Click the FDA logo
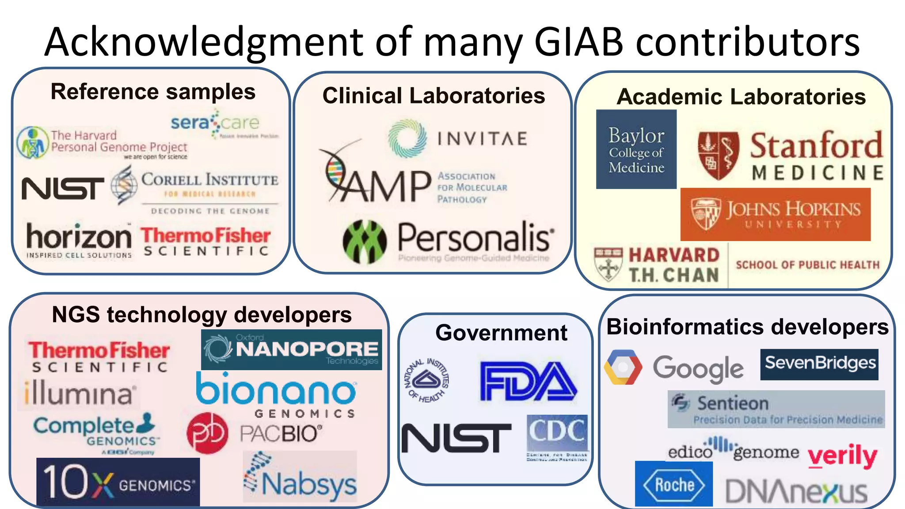(528, 381)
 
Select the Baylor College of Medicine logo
(636, 149)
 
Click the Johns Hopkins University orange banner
(775, 214)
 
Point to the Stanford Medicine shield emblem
(718, 156)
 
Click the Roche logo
(673, 484)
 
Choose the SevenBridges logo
(819, 364)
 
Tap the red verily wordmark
(842, 456)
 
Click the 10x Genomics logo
(118, 482)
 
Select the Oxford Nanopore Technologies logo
(291, 349)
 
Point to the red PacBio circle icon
(207, 433)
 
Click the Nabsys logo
(300, 477)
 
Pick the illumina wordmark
(79, 394)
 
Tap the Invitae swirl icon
(407, 138)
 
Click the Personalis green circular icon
(365, 242)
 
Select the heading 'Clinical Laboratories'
(433, 96)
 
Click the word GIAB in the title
(578, 42)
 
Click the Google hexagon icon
(623, 367)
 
